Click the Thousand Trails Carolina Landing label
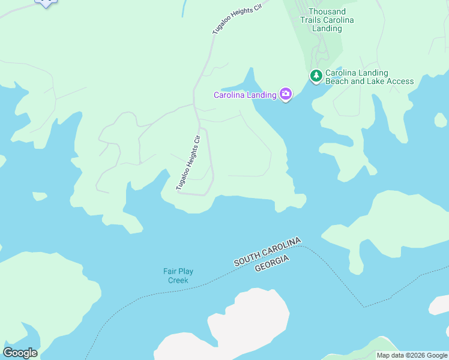pyautogui.click(x=327, y=20)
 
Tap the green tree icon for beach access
pyautogui.click(x=316, y=76)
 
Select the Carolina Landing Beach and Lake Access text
pyautogui.click(x=369, y=77)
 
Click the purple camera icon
pyautogui.click(x=286, y=94)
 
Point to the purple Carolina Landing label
pyautogui.click(x=245, y=95)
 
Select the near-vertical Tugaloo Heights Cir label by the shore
pyautogui.click(x=188, y=163)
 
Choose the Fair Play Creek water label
pyautogui.click(x=178, y=275)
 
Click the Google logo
pyautogui.click(x=20, y=353)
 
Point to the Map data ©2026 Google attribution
pyautogui.click(x=412, y=355)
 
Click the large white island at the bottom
pyautogui.click(x=240, y=327)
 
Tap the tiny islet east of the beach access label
pyautogui.click(x=441, y=120)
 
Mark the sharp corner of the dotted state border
pyautogui.click(x=363, y=307)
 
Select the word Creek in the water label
pyautogui.click(x=178, y=280)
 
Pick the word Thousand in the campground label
pyautogui.click(x=327, y=11)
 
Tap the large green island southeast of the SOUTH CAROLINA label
pyautogui.click(x=390, y=228)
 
